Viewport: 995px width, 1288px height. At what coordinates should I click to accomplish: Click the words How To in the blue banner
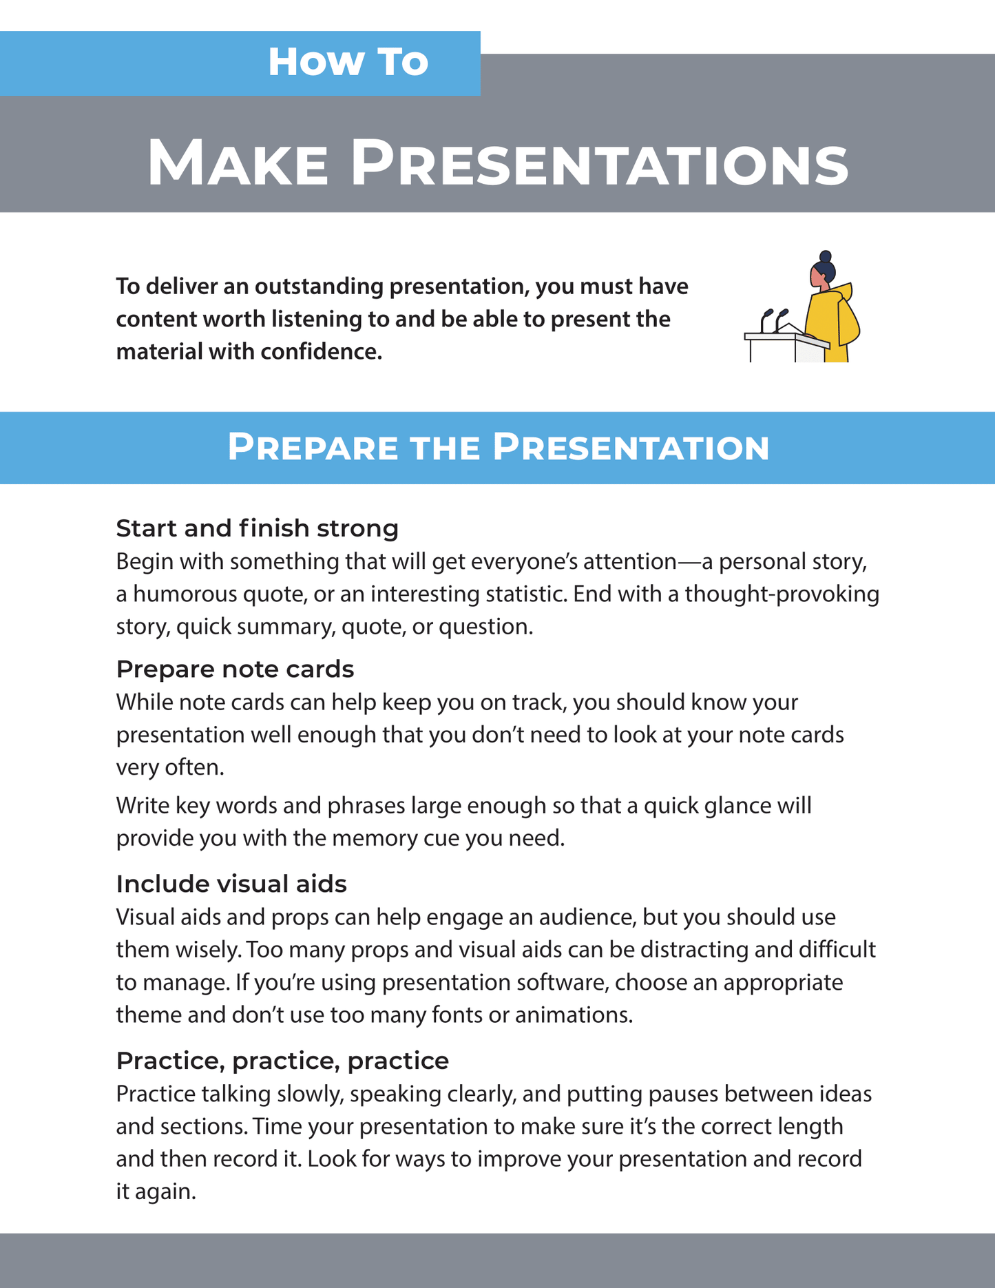point(348,62)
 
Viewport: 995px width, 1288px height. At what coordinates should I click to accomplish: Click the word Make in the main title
point(238,163)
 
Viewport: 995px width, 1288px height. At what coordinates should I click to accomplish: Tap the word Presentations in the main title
point(599,163)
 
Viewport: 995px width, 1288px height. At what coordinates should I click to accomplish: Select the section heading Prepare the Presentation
point(498,447)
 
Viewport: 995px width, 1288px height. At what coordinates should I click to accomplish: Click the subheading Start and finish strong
point(257,528)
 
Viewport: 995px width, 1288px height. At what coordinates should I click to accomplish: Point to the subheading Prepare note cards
point(235,669)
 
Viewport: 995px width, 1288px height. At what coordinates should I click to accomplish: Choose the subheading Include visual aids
point(231,884)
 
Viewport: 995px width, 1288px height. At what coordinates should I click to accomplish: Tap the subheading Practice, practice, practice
point(282,1061)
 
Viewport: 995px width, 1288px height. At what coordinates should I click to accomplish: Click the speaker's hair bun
point(826,257)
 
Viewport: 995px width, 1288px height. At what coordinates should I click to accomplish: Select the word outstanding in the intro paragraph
point(318,286)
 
